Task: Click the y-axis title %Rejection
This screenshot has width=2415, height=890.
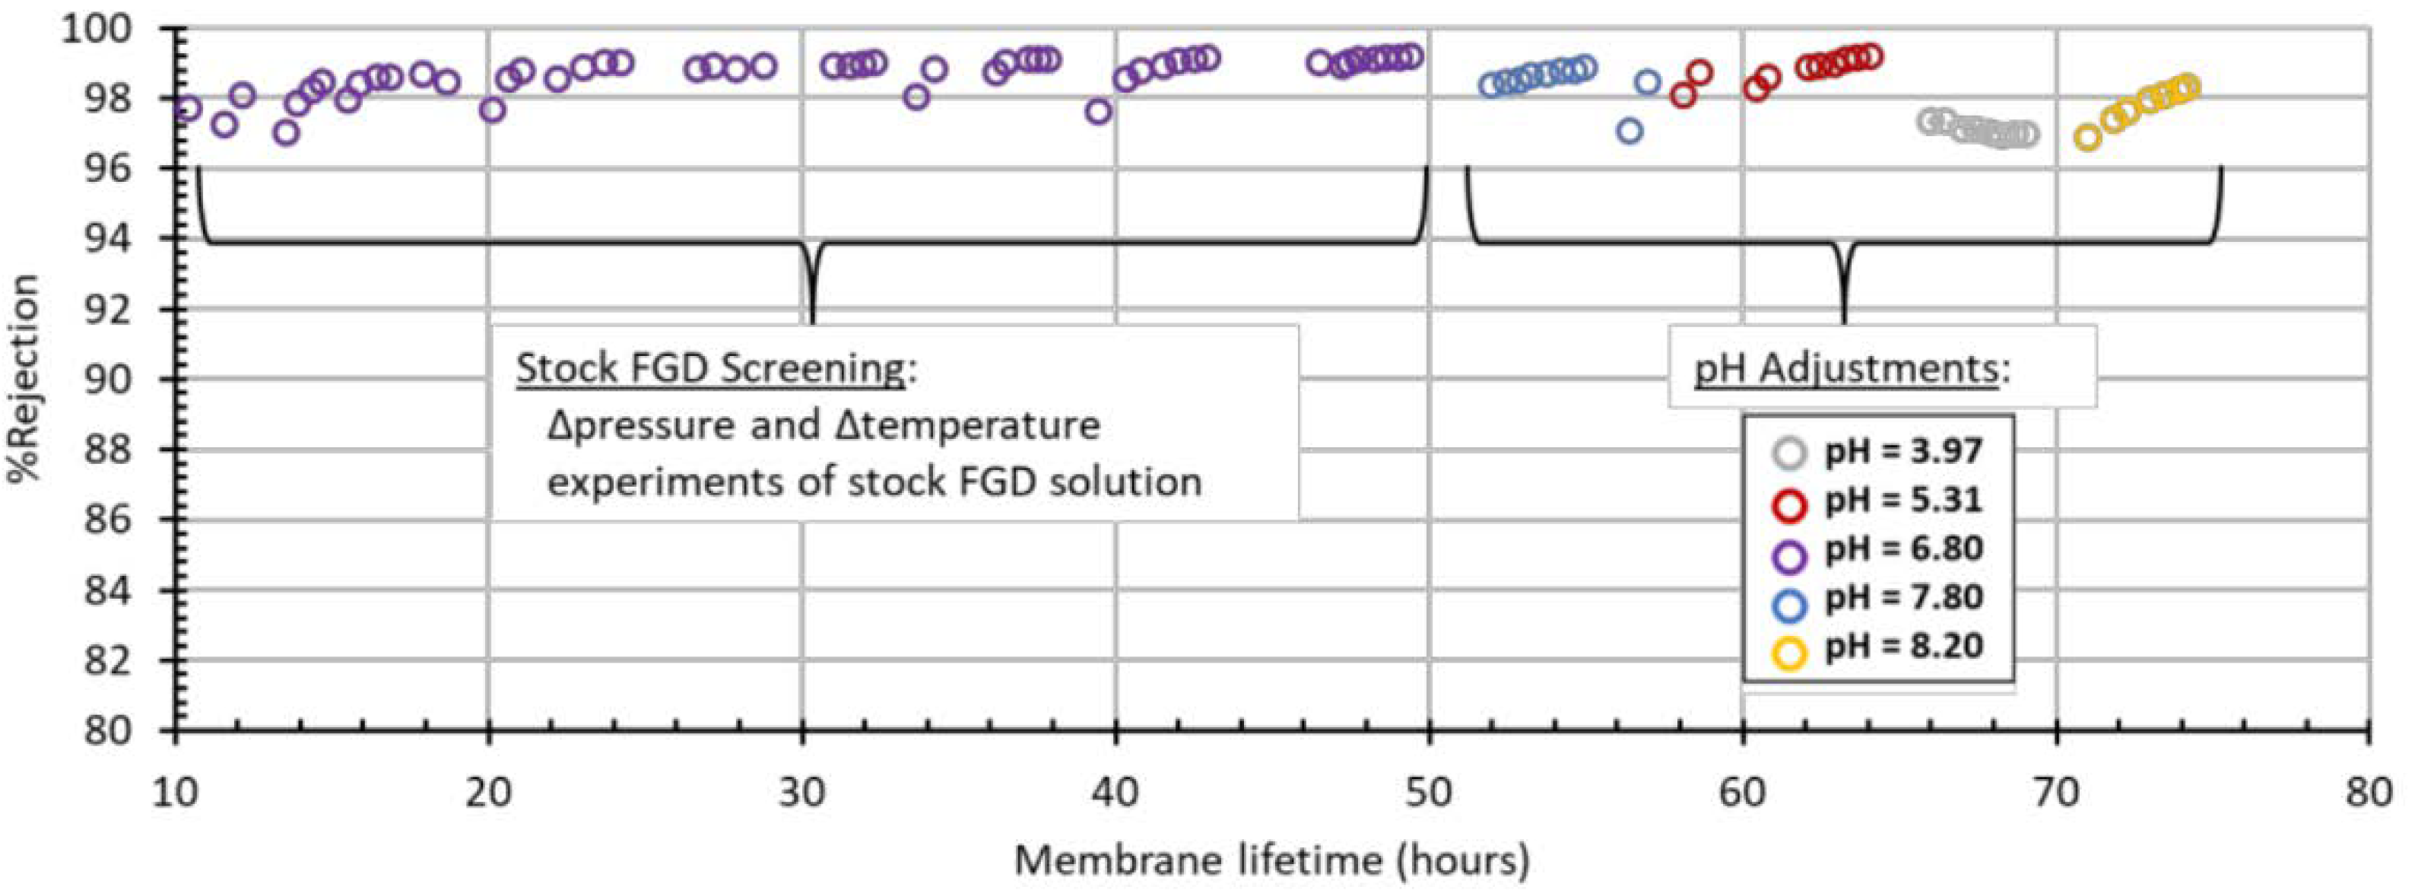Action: (24, 378)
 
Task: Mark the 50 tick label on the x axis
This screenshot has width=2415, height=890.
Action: (1429, 793)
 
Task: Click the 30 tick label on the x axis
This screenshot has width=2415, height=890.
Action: (801, 793)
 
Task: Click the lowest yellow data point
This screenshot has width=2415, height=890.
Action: (2087, 138)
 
